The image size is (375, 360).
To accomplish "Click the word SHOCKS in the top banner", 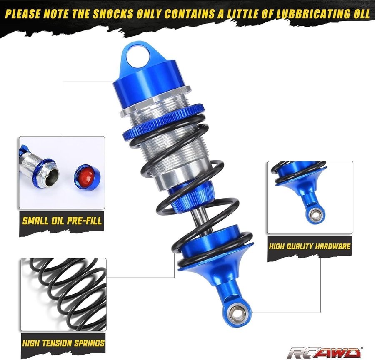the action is click(113, 14).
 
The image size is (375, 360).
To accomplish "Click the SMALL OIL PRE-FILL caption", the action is click(62, 221).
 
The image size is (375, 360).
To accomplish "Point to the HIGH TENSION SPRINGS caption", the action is click(63, 343).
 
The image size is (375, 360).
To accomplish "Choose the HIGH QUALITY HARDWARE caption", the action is click(310, 246).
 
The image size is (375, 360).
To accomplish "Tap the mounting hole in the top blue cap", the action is click(138, 57).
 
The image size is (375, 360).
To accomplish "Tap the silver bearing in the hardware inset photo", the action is click(316, 215).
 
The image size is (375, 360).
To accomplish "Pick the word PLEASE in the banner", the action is click(23, 14).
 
